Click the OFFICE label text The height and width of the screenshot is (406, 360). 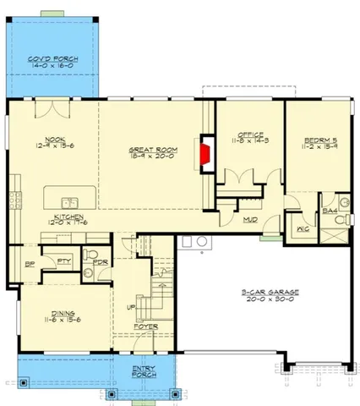coord(250,134)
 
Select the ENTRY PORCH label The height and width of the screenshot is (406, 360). coord(149,371)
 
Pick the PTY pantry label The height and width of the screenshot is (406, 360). coord(64,261)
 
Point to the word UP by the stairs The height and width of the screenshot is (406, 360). coord(130,307)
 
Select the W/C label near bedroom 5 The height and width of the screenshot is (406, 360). coord(303,228)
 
